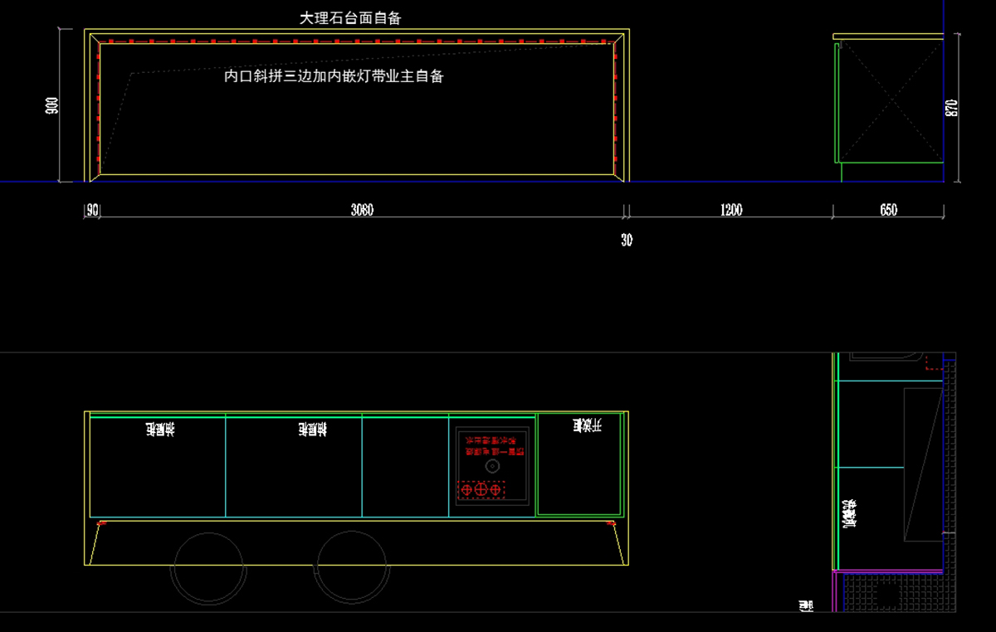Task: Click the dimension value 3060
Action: [362, 211]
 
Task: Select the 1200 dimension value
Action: [730, 211]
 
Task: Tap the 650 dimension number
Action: [888, 211]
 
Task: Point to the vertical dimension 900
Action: [52, 105]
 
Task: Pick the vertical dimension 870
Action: [952, 108]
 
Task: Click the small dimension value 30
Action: [627, 241]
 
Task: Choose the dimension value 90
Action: [93, 211]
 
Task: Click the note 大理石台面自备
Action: [350, 17]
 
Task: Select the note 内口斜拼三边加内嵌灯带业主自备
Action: [334, 76]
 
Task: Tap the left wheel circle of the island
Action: [208, 569]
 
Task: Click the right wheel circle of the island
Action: [353, 569]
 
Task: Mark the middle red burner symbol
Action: [481, 490]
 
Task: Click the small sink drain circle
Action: [491, 467]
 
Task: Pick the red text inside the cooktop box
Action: [491, 446]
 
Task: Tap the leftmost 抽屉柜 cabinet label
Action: [160, 429]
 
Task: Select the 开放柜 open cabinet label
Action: [586, 425]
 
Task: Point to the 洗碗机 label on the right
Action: [850, 513]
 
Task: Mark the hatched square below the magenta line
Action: [887, 592]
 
